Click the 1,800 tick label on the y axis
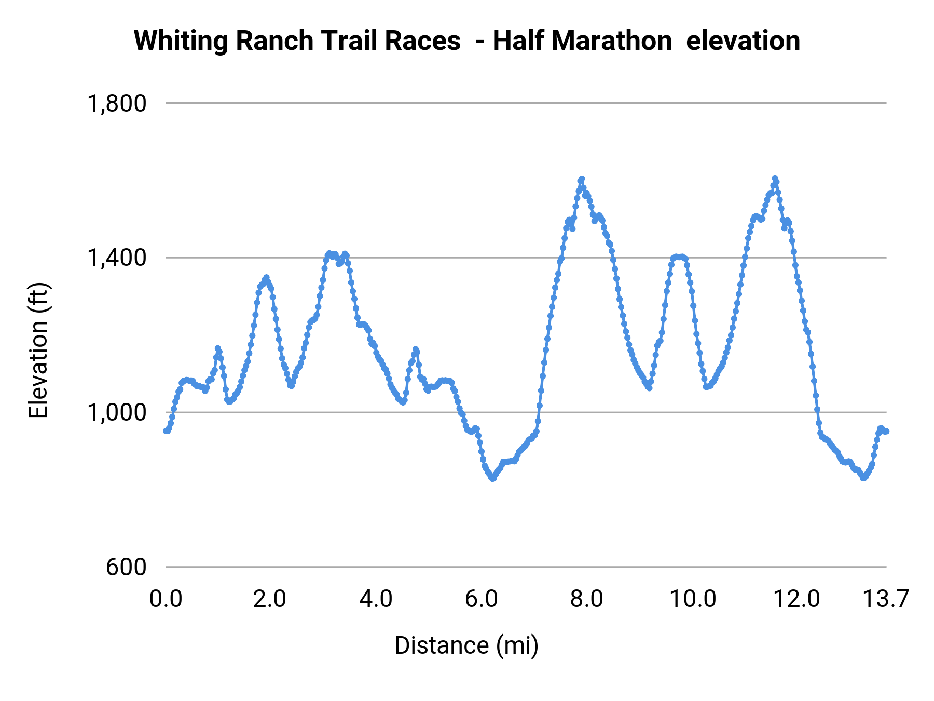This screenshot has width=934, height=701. point(117,103)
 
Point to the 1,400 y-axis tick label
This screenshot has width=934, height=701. point(117,258)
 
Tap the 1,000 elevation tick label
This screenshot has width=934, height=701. point(117,412)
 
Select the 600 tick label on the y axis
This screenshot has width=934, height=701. point(127,567)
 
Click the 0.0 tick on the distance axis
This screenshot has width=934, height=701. point(166,599)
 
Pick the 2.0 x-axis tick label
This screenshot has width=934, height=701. point(270,599)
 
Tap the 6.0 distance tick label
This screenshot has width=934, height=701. point(482,599)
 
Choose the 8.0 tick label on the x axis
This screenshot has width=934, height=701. point(587,599)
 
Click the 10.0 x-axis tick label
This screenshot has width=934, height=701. point(693,599)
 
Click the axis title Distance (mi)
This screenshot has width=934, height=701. point(466,645)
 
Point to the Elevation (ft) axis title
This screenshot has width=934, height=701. point(38,351)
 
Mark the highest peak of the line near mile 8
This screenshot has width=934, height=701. point(582,179)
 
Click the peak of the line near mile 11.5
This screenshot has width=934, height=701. point(775,178)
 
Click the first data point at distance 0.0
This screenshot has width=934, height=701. point(166,431)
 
